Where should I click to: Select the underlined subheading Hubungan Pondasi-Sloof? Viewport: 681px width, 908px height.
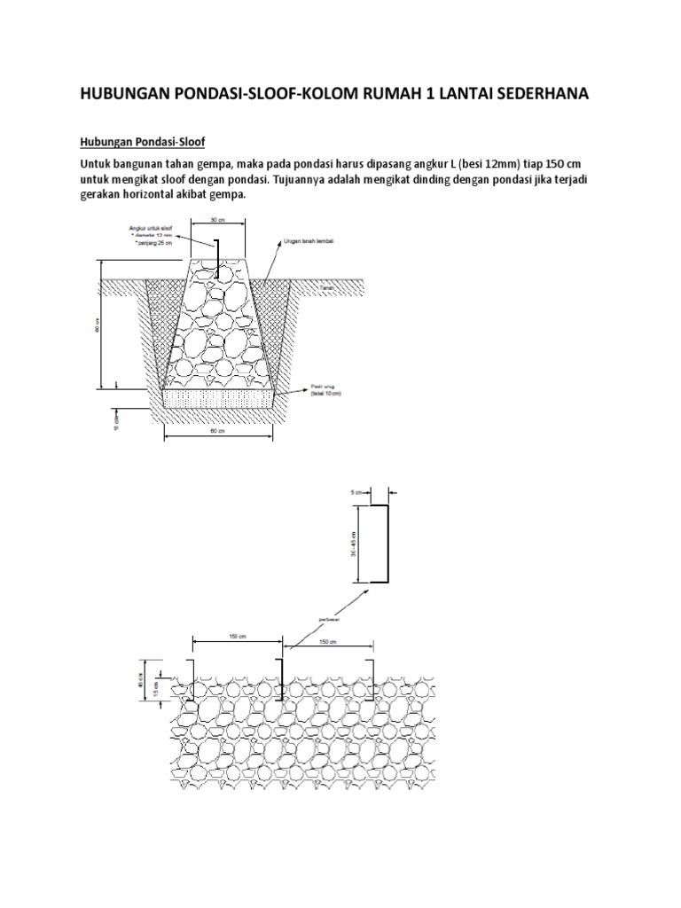coord(142,142)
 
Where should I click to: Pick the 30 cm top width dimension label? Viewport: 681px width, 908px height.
coord(216,220)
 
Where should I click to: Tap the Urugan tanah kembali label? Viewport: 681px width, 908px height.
coord(309,240)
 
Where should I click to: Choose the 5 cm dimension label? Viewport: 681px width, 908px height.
coord(355,490)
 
